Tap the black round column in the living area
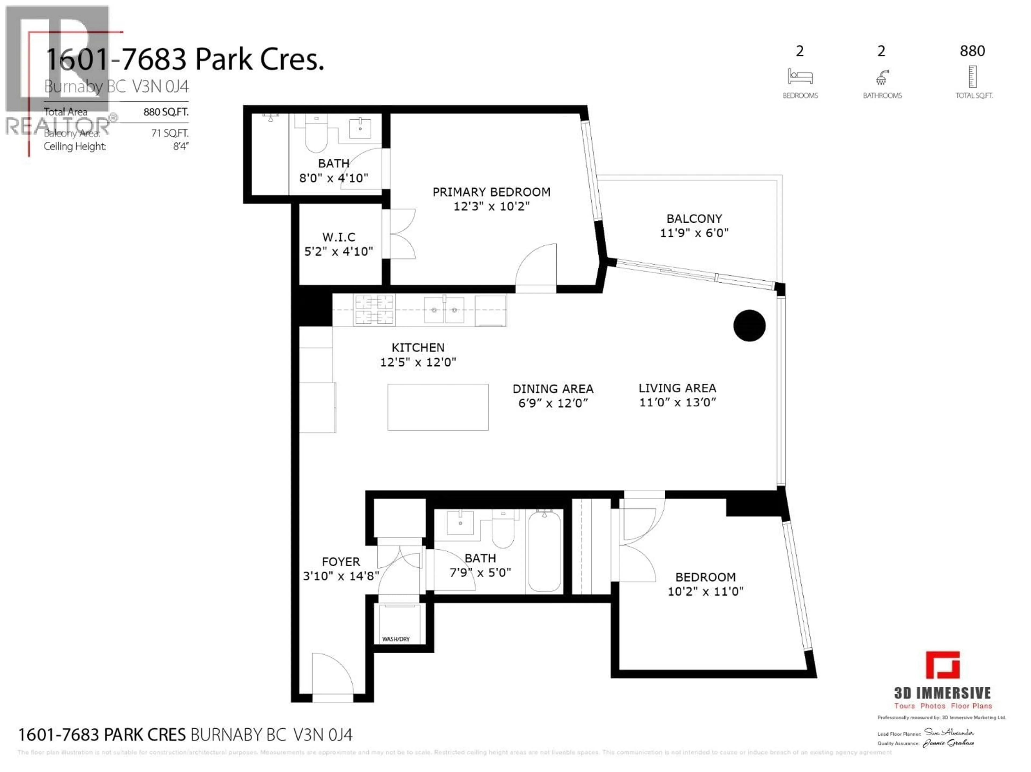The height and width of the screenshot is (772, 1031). [749, 325]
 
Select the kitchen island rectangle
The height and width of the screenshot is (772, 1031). [438, 407]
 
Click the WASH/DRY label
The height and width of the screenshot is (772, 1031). [396, 639]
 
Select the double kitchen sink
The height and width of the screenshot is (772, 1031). [444, 310]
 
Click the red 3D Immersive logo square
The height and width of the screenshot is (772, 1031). [942, 665]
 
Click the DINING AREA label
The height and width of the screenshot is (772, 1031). [553, 389]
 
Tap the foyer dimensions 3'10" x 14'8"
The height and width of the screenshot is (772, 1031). [341, 576]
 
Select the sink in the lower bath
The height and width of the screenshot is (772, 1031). [460, 523]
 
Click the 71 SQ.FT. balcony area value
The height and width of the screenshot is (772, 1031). [170, 133]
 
